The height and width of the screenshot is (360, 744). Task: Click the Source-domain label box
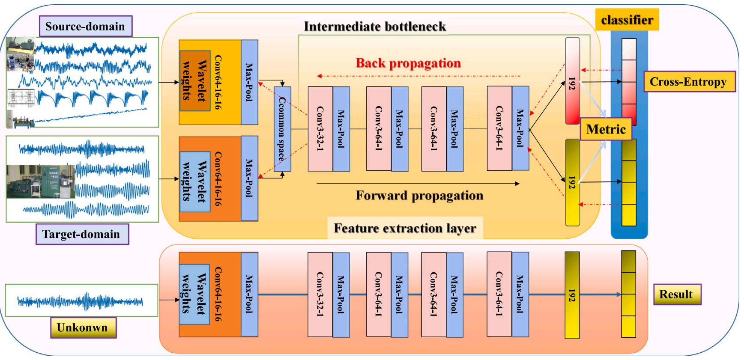pos(85,27)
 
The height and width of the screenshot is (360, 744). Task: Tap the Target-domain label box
pos(82,234)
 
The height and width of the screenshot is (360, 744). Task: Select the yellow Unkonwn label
pos(83,327)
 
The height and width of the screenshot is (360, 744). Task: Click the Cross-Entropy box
pos(689,82)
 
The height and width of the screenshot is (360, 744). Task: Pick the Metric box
pos(606,129)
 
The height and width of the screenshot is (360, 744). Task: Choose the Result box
pos(677,295)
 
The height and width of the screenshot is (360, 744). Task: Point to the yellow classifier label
pos(627,20)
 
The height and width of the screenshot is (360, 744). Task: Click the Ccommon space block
pos(282,129)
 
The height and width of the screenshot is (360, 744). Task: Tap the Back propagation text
pos(408,63)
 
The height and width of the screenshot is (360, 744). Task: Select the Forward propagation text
pos(419,196)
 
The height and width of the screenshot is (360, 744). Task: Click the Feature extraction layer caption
pos(405,228)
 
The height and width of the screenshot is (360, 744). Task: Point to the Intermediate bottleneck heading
pos(375,27)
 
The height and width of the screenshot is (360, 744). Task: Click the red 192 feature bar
pos(572,81)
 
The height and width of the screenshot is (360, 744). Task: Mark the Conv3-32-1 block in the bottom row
pos(320,295)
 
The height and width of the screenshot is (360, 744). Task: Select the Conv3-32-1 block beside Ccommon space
pos(320,128)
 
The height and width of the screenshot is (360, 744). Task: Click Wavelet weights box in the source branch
pos(195,80)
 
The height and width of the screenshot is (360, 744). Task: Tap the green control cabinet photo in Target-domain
pos(41,182)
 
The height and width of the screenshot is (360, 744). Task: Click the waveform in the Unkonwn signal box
pos(80,301)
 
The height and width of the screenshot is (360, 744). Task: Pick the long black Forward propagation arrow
pos(418,184)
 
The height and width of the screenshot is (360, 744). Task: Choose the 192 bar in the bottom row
pos(572,295)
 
